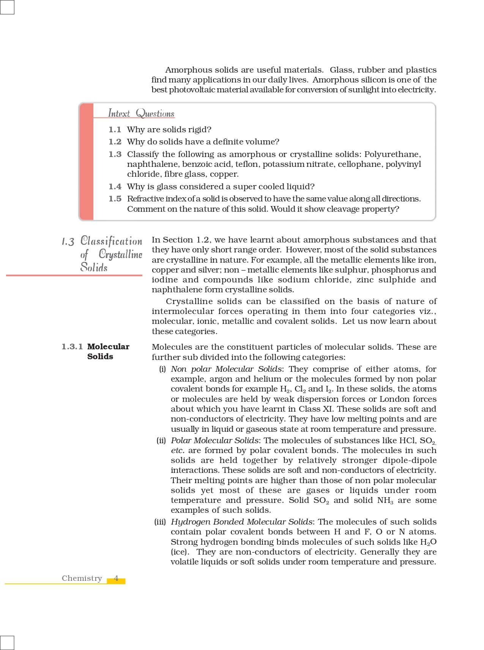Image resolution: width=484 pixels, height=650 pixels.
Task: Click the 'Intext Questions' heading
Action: coord(141,113)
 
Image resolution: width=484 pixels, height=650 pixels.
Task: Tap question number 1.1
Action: coord(115,130)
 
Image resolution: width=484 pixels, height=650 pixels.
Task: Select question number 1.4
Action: coord(115,187)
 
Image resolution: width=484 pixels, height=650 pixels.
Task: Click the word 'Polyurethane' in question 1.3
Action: coord(392,154)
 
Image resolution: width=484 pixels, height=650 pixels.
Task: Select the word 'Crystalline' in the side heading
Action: coord(120,254)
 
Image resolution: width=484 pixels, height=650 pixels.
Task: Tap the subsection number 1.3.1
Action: coord(72,347)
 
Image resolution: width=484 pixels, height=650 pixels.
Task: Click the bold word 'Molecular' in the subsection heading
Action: coord(108,347)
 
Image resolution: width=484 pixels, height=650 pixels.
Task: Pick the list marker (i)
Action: coord(162,369)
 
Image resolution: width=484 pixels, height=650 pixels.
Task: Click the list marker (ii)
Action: coord(161,441)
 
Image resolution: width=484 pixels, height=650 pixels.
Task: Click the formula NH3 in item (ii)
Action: coord(385,501)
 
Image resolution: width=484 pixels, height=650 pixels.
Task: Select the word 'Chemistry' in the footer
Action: coord(82,579)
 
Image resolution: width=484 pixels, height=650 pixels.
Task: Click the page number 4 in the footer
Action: coord(116,579)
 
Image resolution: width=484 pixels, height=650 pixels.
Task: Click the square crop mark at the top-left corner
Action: coord(7,7)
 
